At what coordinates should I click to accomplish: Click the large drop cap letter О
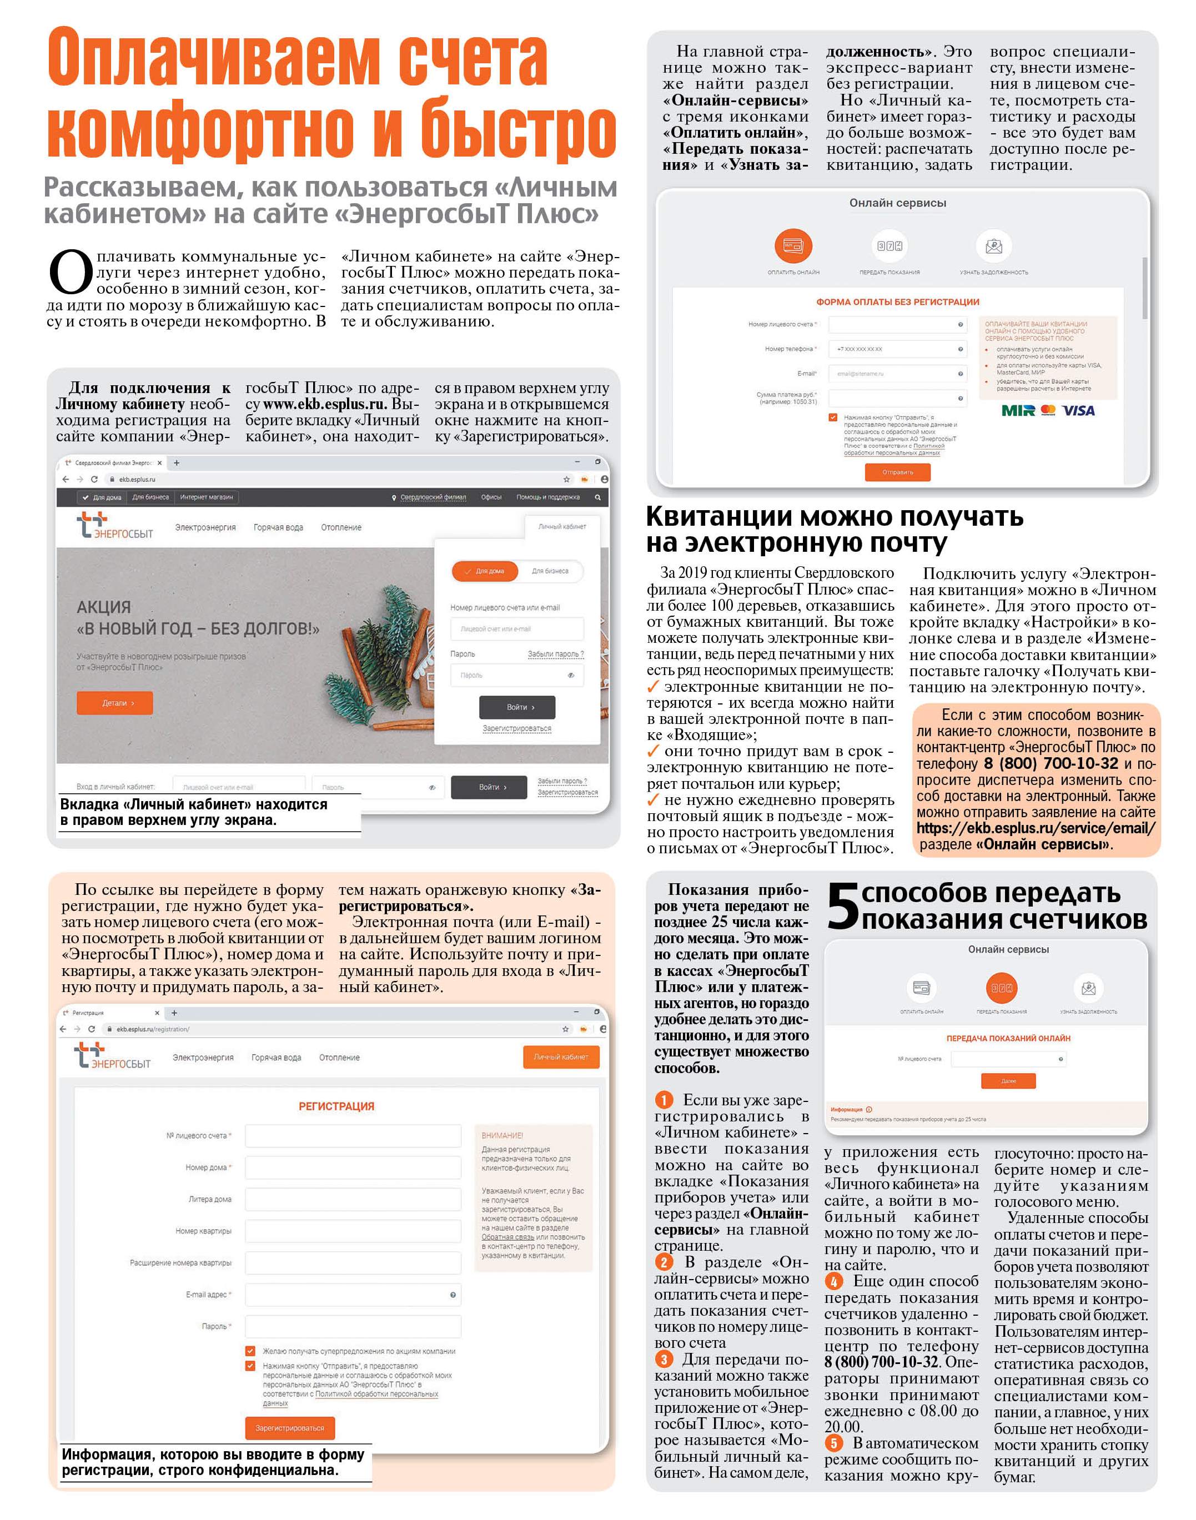click(71, 273)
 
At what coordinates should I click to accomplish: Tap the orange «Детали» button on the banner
click(115, 703)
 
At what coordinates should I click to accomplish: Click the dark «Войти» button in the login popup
click(517, 707)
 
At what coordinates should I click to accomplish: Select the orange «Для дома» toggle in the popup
click(485, 571)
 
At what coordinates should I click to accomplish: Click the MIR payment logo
click(1018, 410)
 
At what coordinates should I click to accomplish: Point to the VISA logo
click(1078, 410)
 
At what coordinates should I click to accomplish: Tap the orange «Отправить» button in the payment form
click(898, 472)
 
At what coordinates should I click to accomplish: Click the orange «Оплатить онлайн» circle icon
click(793, 246)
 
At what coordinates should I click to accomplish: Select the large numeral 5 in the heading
click(842, 907)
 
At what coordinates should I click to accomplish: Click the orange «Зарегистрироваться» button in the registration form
click(290, 1428)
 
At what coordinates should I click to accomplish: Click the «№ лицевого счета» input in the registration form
click(353, 1136)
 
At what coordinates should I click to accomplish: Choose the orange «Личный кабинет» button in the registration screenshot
click(561, 1057)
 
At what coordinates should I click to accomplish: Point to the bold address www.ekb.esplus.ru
click(324, 405)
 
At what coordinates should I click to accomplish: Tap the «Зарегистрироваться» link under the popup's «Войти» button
click(517, 729)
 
